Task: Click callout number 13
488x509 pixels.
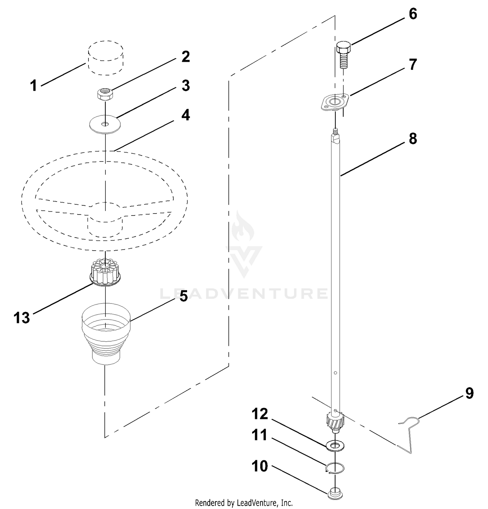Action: (x=22, y=318)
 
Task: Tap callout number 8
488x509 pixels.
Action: (x=413, y=138)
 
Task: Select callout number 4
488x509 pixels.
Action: (x=185, y=115)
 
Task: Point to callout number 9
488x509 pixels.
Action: (x=469, y=393)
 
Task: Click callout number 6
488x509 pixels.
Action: (x=413, y=14)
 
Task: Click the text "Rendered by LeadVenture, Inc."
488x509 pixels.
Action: (x=244, y=503)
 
